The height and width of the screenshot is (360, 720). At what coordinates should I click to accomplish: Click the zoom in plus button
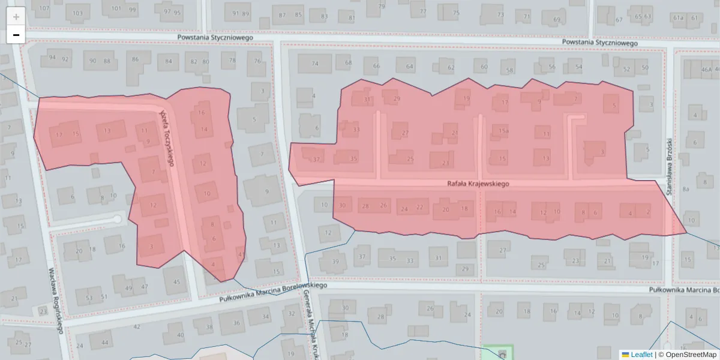pos(16,16)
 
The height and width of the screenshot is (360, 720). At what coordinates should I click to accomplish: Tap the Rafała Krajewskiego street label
pos(478,184)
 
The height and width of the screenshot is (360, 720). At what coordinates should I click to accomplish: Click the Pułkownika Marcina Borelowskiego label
pos(273,289)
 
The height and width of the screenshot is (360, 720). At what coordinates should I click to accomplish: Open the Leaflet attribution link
pos(641,355)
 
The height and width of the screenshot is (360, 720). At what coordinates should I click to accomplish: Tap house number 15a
pos(503,131)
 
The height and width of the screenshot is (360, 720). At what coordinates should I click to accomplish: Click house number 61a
pos(679,17)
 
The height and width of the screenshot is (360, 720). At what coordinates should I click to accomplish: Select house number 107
pos(42,8)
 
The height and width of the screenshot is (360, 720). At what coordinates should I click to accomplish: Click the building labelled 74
pos(315,64)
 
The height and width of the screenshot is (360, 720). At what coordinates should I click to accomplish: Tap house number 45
pos(176,282)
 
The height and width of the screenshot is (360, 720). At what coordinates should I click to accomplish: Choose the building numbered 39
pos(335,261)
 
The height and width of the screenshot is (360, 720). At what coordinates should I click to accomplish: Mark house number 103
pos(77,13)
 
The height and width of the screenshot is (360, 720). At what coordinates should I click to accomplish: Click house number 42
pos(137,326)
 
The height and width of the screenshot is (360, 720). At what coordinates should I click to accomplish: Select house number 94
pos(53,58)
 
